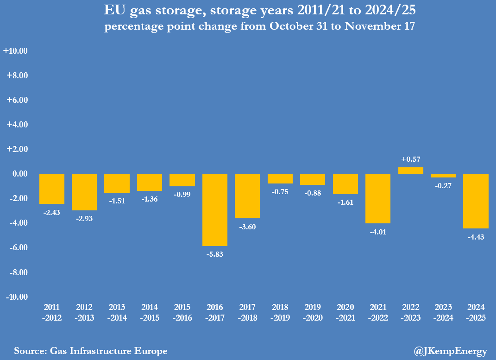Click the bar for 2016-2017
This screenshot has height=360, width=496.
[215, 210]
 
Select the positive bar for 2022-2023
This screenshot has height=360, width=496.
[411, 171]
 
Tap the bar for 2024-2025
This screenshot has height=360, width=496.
[476, 201]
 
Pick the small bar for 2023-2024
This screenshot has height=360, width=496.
[443, 176]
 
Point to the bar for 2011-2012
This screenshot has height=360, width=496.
[51, 189]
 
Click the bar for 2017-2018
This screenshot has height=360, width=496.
[247, 196]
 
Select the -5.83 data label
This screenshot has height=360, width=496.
[215, 254]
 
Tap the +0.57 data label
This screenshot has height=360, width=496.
[411, 159]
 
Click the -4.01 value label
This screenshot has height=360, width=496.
[378, 232]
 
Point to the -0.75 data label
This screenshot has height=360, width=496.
[280, 192]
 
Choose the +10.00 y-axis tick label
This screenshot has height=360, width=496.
[16, 51]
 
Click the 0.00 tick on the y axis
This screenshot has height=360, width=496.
[19, 174]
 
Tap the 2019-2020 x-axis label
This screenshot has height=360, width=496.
[313, 311]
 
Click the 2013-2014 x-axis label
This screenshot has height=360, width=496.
[117, 311]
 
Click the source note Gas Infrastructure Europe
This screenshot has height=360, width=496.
[91, 351]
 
